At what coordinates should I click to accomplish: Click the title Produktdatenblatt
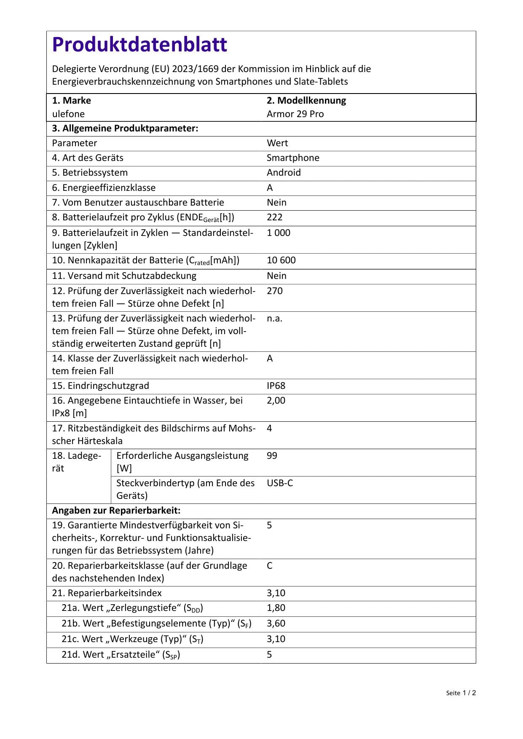pyautogui.click(x=139, y=45)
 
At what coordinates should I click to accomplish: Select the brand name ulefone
pyautogui.click(x=68, y=114)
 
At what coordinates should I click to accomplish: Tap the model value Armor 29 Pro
pyautogui.click(x=295, y=114)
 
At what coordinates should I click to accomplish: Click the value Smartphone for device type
pyautogui.click(x=293, y=158)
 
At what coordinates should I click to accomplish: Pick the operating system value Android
pyautogui.click(x=284, y=172)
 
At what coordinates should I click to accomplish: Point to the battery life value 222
pyautogui.click(x=274, y=217)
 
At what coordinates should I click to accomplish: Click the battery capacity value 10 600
pyautogui.click(x=281, y=260)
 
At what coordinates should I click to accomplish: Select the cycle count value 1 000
pyautogui.click(x=278, y=233)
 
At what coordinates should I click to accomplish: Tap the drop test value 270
pyautogui.click(x=274, y=291)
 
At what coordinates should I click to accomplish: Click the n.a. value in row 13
pyautogui.click(x=274, y=318)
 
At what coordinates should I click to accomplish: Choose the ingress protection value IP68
pyautogui.click(x=276, y=386)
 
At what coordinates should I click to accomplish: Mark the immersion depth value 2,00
pyautogui.click(x=276, y=400)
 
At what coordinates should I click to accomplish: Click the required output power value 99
pyautogui.click(x=272, y=455)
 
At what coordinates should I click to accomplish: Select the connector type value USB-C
pyautogui.click(x=279, y=483)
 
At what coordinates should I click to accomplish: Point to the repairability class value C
pyautogui.click(x=270, y=565)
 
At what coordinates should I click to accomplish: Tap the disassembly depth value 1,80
pyautogui.click(x=276, y=608)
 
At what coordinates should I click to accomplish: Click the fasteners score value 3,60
pyautogui.click(x=276, y=623)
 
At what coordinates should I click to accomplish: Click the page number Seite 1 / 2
pyautogui.click(x=461, y=693)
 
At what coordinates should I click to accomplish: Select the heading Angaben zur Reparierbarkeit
pyautogui.click(x=116, y=510)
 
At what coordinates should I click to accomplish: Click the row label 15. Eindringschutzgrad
pyautogui.click(x=100, y=386)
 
